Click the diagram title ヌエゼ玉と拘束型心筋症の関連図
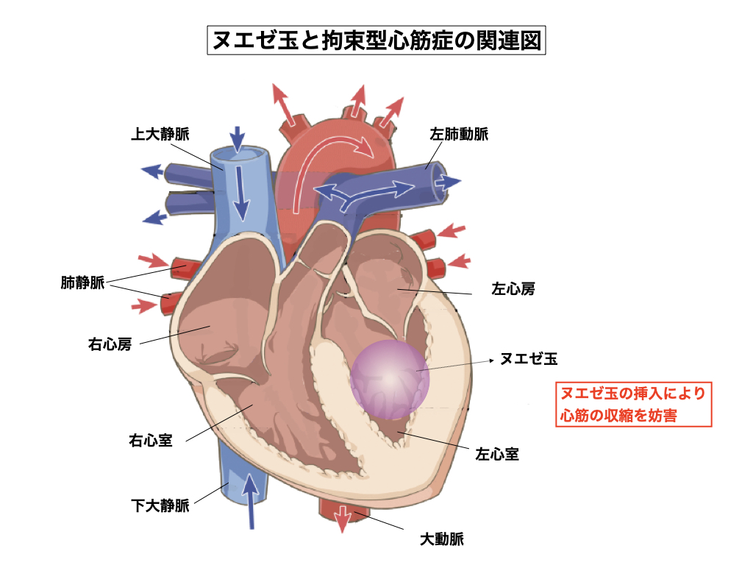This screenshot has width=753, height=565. click(x=376, y=40)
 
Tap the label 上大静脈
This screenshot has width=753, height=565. click(x=160, y=135)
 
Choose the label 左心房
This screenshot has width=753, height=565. click(x=513, y=289)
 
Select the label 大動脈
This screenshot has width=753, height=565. click(x=442, y=539)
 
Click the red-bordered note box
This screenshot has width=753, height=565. click(x=633, y=404)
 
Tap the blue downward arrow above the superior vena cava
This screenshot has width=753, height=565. click(x=237, y=139)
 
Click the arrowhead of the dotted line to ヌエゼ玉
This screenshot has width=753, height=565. click(x=490, y=360)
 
